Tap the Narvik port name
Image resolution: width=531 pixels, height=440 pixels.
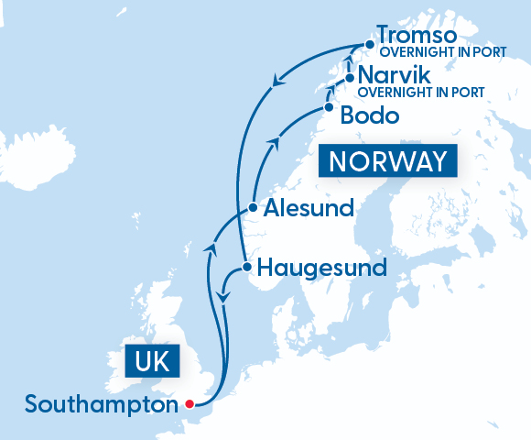393,74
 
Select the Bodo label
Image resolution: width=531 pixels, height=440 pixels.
369,116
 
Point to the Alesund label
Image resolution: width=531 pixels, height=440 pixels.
308,208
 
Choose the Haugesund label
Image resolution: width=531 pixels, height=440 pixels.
322,268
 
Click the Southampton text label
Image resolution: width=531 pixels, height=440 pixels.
101,403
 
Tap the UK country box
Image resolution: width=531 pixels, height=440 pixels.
151,361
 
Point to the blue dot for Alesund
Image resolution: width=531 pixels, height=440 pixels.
253,208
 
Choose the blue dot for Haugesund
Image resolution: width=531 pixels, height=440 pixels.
246,268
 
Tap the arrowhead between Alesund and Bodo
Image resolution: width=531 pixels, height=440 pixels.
272,141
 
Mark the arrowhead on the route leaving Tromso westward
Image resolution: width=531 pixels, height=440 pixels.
274,85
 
